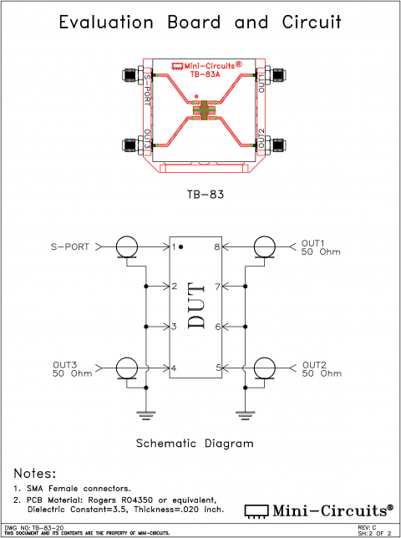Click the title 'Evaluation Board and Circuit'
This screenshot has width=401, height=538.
point(200,23)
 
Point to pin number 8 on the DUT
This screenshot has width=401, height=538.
point(216,247)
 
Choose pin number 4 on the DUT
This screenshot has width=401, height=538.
point(175,368)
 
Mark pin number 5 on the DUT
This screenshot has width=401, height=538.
point(216,368)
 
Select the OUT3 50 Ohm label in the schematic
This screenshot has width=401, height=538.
point(70,368)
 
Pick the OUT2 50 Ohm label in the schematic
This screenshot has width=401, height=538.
point(322,368)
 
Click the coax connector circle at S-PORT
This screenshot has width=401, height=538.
point(128,246)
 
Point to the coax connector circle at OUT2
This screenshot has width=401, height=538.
point(265,368)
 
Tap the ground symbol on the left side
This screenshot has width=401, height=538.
point(145,413)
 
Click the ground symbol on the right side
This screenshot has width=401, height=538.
point(246,413)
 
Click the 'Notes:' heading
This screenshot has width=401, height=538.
point(35,473)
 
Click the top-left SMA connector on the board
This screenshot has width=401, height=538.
point(130,76)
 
